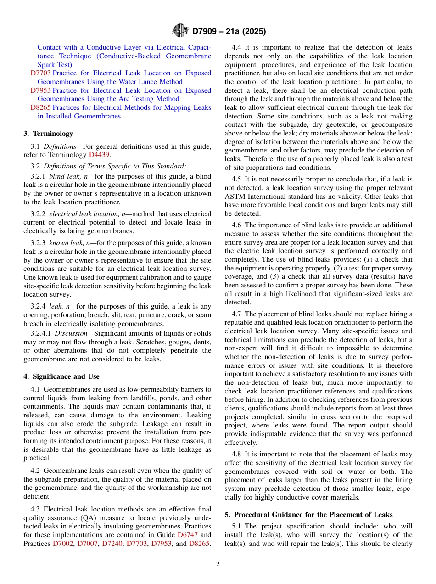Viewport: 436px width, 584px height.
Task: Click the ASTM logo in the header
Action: point(180,31)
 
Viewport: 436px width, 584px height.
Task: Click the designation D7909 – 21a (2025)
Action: point(229,32)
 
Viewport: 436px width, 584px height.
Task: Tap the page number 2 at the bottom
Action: point(218,564)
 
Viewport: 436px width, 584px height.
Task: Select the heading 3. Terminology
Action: point(48,134)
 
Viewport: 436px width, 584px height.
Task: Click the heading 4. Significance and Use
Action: point(61,376)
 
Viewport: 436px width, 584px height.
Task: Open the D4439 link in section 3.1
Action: point(99,155)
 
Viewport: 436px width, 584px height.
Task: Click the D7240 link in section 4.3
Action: point(112,544)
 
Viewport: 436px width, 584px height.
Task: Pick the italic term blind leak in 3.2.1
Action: point(62,176)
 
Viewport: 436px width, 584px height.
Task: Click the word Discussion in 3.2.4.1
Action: point(69,333)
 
